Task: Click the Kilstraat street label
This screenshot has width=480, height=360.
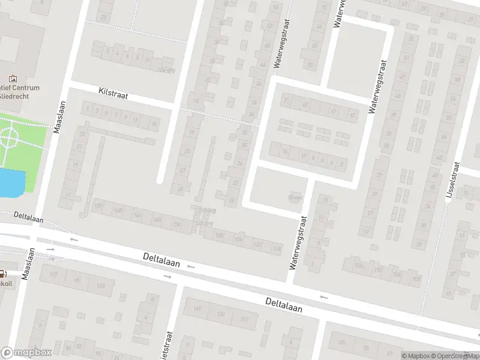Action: pyautogui.click(x=113, y=95)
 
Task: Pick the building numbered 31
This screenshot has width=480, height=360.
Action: pyautogui.click(x=180, y=190)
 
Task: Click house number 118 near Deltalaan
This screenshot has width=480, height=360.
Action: pyautogui.click(x=277, y=249)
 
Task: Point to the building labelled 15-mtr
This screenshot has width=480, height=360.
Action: pyautogui.click(x=294, y=199)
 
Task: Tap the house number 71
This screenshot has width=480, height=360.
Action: pyautogui.click(x=287, y=100)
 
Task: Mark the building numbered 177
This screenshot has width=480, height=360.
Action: pyautogui.click(x=53, y=275)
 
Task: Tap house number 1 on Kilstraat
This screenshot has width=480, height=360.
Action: pyautogui.click(x=88, y=109)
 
